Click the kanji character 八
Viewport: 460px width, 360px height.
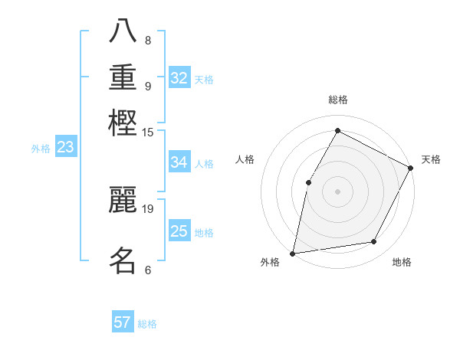[x=123, y=33]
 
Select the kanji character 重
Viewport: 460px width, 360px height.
[x=123, y=77]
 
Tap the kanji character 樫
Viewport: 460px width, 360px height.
[x=123, y=122]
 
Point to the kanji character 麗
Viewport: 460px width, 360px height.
[x=123, y=199]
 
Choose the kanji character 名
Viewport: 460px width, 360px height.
[x=123, y=260]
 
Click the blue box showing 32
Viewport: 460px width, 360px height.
[x=179, y=78]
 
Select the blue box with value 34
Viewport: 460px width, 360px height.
[x=179, y=162]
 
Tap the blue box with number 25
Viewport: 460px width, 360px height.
[x=179, y=231]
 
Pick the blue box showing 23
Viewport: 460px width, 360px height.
[x=65, y=148]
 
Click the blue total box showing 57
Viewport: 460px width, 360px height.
[x=123, y=322]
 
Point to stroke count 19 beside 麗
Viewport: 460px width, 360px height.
[x=148, y=208]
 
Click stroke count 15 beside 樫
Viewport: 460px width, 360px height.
[x=148, y=132]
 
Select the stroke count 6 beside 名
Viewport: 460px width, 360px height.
[x=148, y=270]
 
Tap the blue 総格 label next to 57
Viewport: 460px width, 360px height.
[x=147, y=324]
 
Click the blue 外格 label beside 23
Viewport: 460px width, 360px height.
[x=41, y=149]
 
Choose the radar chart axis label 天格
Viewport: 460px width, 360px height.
[x=431, y=159]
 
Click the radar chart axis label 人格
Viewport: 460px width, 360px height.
[x=245, y=159]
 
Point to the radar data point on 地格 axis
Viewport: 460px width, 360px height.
[x=374, y=242]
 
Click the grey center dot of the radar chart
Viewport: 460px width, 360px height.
[x=337, y=191]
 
